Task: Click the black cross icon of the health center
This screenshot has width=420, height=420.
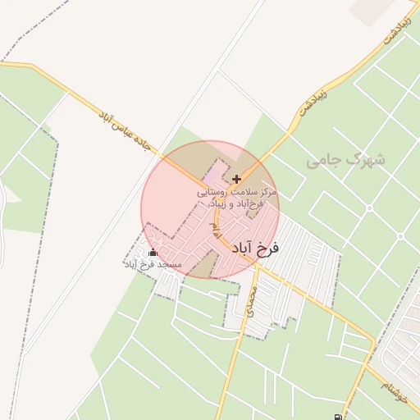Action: coord(237,178)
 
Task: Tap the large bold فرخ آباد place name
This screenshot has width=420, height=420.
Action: coord(257,248)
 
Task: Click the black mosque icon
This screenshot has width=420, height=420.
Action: coord(153,253)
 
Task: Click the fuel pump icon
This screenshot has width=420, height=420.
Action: coord(339,415)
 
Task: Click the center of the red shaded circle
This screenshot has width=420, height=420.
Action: coord(210,209)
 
